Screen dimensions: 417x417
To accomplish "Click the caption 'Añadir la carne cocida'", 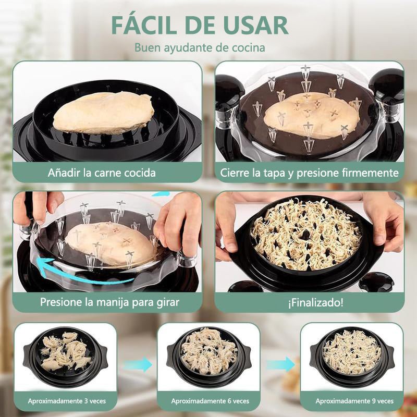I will [x=102, y=172].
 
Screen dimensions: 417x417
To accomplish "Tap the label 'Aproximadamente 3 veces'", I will [x=65, y=401].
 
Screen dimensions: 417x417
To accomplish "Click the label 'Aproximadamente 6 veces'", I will [x=208, y=401].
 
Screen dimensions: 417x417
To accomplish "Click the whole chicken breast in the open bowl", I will [x=104, y=113].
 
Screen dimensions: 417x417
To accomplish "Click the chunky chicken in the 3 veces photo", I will [x=65, y=352].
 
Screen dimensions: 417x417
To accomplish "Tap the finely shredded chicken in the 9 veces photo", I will [x=352, y=352].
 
